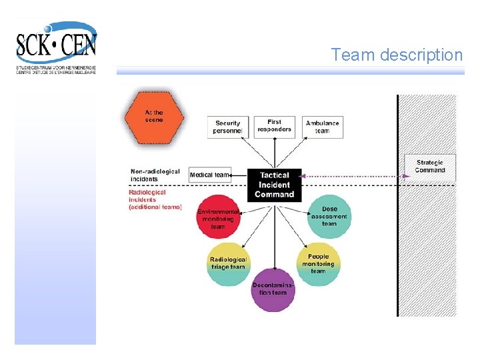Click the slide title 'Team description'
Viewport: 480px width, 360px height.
tap(397, 55)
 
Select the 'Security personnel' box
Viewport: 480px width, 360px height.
tap(228, 127)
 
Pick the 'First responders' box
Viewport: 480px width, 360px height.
tap(274, 125)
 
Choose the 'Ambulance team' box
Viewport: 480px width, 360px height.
tap(322, 127)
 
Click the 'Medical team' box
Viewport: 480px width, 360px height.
tap(209, 175)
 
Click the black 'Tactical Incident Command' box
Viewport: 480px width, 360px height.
tap(274, 185)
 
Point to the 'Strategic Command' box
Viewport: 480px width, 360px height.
tap(429, 166)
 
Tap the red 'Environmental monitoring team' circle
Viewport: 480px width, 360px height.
tap(219, 217)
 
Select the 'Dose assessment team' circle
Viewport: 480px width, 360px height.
tap(329, 217)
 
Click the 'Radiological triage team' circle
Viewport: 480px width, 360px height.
tap(229, 263)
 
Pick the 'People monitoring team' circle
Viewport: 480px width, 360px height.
tap(318, 263)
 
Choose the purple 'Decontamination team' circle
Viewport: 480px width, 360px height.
tap(273, 289)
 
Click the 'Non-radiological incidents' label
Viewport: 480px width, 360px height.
tap(155, 175)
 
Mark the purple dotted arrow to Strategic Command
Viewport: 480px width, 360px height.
tap(353, 176)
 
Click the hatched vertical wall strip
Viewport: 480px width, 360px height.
tap(427, 253)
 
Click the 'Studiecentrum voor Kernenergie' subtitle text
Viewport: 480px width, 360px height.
tap(56, 67)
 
